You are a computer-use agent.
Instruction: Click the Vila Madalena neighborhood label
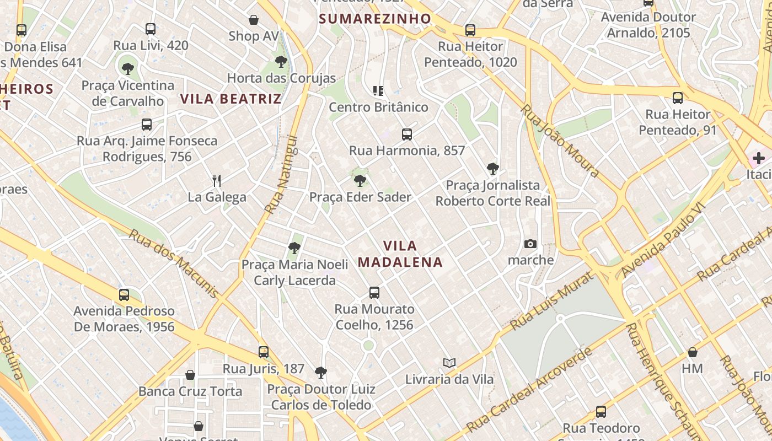pos(400,254)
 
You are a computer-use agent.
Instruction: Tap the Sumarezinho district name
pos(375,19)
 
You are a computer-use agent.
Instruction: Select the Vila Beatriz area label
pos(231,99)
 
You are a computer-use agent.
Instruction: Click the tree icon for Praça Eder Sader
pos(360,180)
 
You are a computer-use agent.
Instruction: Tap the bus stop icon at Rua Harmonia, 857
pos(407,134)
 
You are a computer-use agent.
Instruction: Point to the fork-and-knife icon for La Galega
pos(217,180)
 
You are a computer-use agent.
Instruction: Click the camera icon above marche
pos(530,244)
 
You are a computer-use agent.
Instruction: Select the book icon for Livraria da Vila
pos(449,363)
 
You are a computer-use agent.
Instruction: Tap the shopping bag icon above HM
pos(693,352)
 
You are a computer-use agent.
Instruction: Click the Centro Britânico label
pos(378,107)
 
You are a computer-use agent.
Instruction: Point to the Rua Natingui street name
pos(281,175)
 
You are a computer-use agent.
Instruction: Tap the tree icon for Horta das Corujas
pos(281,61)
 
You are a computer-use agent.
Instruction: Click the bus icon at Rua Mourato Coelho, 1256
pos(374,292)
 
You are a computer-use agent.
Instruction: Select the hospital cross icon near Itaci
pos(759,158)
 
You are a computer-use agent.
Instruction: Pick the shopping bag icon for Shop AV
pos(254,20)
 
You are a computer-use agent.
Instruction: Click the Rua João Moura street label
pos(560,141)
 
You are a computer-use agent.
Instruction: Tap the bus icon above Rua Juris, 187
pos(264,352)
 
